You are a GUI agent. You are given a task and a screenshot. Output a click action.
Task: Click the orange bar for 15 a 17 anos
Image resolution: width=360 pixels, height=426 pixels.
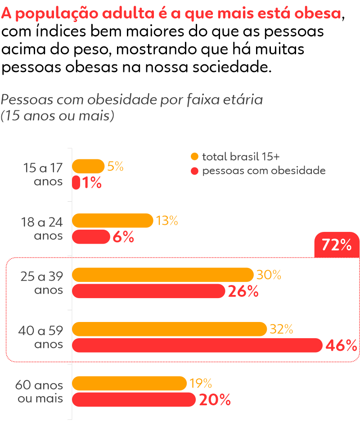point(88,166)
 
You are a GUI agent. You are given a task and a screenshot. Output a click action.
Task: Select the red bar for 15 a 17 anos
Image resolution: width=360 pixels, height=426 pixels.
point(76,183)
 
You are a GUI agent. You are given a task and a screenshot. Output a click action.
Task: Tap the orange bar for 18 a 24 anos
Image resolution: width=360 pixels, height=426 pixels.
point(112,221)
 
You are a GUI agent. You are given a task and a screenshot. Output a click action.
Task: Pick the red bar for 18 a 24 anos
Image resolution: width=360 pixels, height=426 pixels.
point(91,237)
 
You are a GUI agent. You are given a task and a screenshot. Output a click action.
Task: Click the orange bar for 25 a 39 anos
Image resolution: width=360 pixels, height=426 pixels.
point(163,275)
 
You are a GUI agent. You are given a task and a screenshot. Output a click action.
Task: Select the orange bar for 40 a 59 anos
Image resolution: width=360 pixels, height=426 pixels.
point(170,329)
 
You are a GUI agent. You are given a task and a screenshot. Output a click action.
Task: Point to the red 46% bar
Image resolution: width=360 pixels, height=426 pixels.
point(197,345)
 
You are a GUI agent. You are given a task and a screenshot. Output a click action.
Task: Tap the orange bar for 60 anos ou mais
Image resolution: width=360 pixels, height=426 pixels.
point(129,383)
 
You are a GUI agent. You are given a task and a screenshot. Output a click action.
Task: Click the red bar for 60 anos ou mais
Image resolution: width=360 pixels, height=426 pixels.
point(134,399)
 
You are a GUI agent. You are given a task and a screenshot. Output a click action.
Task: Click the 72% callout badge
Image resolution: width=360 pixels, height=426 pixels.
point(337,245)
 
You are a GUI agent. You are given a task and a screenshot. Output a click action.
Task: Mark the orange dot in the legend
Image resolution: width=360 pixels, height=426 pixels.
point(194,157)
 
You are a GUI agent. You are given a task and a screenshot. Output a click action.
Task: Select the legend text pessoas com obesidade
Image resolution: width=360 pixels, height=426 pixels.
point(264,171)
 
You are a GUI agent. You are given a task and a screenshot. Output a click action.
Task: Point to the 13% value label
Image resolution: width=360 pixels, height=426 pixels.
point(167,221)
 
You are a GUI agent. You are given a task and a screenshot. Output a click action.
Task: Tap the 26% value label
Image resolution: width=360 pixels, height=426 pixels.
point(243,292)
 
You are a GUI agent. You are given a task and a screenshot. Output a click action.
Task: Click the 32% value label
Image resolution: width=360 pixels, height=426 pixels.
point(281,329)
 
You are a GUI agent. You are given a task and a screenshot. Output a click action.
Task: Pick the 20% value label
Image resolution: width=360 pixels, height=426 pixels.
point(215,400)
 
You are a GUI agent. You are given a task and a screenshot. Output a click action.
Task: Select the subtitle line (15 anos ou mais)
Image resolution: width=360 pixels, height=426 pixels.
point(57,116)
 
